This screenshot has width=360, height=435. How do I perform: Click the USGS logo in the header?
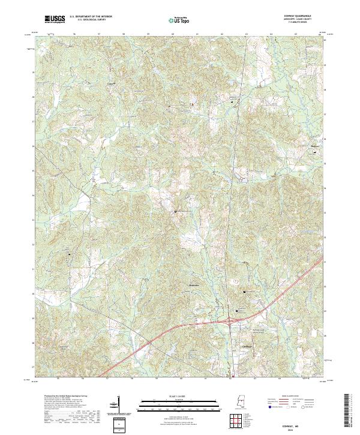tap(55, 19)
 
